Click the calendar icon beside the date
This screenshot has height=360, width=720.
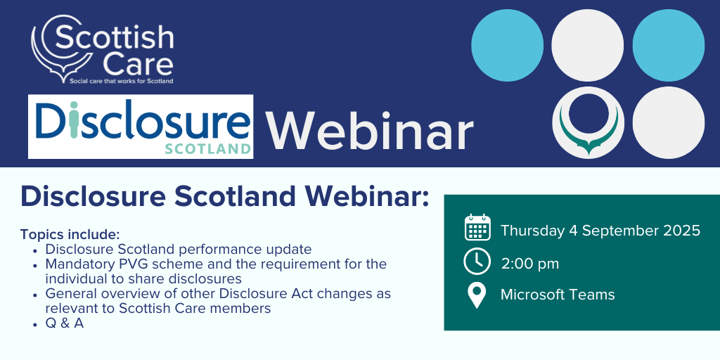coord(477,227)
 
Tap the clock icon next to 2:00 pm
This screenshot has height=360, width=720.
coord(477,262)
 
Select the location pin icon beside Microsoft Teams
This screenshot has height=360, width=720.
coord(477,295)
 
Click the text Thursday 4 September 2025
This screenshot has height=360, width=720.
coord(600,231)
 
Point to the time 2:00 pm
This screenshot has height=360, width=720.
coord(530,264)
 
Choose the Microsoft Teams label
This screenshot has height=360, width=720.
coord(558,295)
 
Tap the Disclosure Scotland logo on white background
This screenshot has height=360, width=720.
coord(141,127)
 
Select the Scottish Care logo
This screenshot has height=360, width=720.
coord(103,49)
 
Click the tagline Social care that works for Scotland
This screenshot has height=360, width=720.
coord(121,82)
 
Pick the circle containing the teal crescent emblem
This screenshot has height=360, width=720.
coord(588,122)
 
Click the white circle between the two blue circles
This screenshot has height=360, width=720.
coord(588,45)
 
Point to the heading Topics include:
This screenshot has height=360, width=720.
coord(70,234)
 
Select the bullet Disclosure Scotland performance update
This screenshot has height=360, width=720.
coord(178,250)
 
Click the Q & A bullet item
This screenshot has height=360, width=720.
coord(64,323)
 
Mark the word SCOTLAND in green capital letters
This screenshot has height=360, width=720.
coord(208,149)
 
